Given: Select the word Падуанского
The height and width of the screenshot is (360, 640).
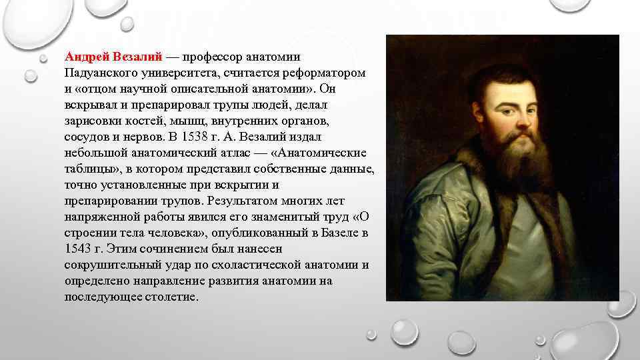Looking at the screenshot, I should [99, 71].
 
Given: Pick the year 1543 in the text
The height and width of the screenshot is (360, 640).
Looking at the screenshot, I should [78, 249].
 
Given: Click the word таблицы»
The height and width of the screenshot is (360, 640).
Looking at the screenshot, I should [91, 168].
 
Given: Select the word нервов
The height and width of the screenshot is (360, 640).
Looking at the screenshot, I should [137, 136].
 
